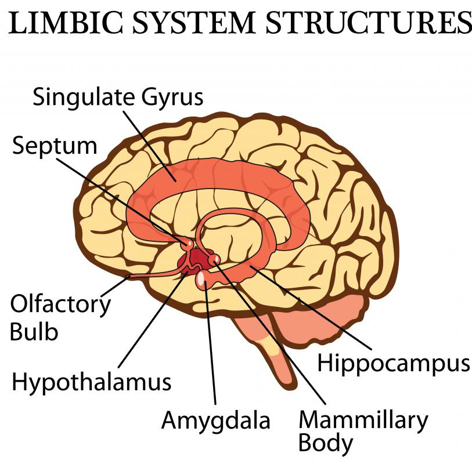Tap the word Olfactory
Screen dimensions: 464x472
click(60, 304)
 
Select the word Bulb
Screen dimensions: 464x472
click(34, 332)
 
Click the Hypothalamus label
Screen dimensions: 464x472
click(92, 382)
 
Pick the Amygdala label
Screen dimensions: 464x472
click(215, 420)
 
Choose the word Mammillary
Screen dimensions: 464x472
click(362, 418)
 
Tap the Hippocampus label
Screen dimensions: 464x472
click(393, 364)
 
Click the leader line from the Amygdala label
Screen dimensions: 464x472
click(211, 348)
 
